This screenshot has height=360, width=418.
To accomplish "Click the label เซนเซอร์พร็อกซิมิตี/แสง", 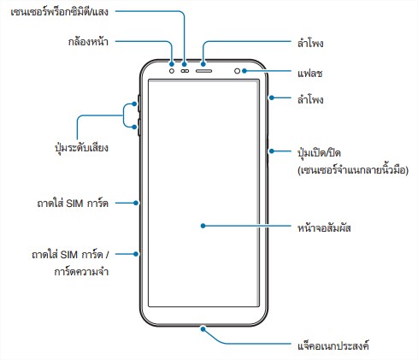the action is [59, 12].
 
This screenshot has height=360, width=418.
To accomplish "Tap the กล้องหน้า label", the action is [88, 42].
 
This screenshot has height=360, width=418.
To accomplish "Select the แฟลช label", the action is [310, 74].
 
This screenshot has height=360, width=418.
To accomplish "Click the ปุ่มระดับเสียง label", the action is [81, 147].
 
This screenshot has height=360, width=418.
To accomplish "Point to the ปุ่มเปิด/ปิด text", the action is [319, 153].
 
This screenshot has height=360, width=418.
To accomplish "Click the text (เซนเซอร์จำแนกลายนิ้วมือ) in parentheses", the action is [353, 170].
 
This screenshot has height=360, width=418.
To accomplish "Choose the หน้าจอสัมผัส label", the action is [324, 227].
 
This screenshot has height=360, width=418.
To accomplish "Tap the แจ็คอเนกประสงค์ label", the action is [333, 346].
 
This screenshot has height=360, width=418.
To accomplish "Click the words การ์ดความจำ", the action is [81, 271].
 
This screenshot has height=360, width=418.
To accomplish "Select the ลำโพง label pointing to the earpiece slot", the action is [310, 44].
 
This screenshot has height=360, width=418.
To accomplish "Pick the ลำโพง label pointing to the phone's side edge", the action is [310, 100].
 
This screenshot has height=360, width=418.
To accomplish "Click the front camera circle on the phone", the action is [172, 71].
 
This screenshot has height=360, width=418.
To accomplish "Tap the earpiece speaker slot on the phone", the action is [203, 71].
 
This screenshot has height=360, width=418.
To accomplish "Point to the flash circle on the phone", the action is [237, 71].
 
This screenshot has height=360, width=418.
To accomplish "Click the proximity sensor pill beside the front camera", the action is [185, 71].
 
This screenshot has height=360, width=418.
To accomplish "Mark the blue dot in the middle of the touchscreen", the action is [203, 226].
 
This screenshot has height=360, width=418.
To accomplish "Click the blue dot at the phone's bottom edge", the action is [203, 329].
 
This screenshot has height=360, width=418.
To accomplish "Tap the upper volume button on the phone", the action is [139, 103].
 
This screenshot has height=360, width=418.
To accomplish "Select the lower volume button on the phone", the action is [139, 127].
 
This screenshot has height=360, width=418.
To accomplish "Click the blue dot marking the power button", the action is [272, 150].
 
